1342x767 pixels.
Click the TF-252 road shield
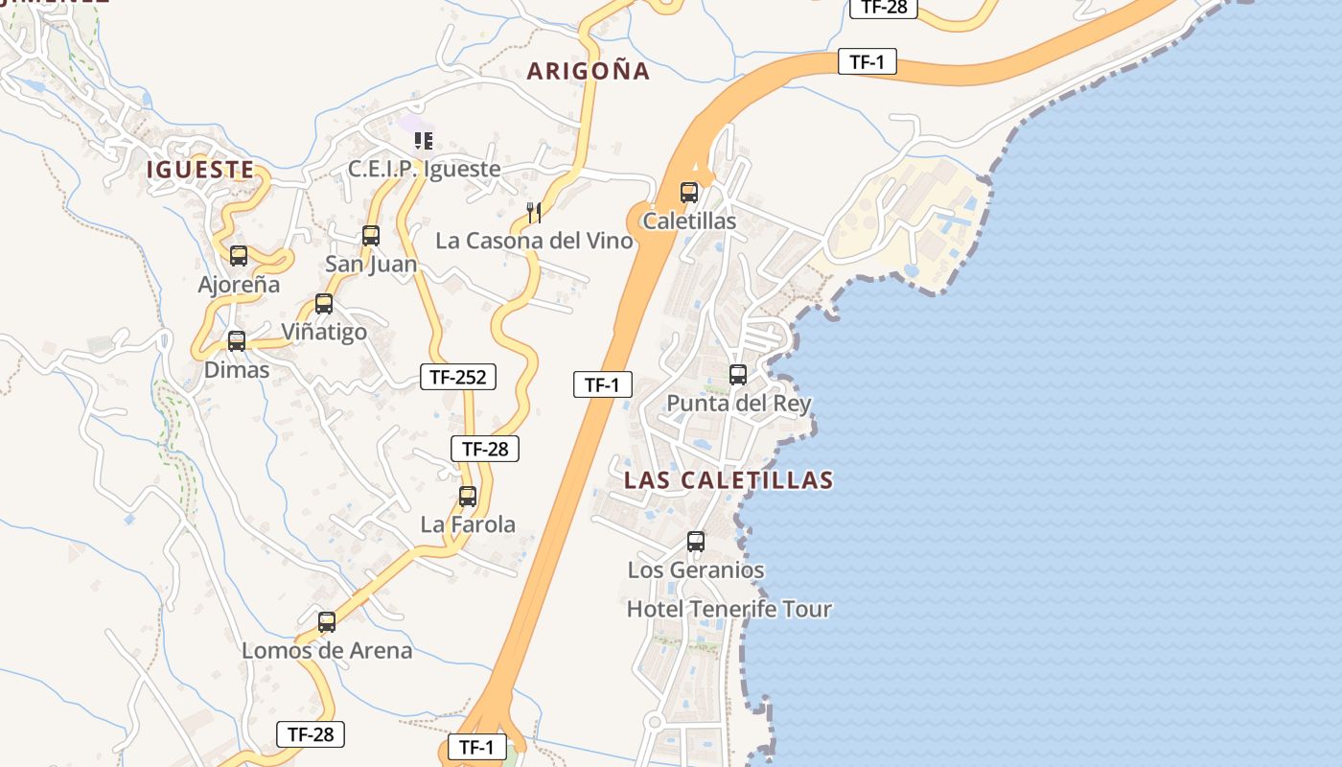(x=458, y=377)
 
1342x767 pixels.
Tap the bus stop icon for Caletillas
(x=689, y=192)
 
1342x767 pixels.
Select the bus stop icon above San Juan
(x=371, y=235)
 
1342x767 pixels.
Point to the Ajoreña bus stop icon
(x=239, y=256)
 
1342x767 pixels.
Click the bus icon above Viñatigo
(x=324, y=304)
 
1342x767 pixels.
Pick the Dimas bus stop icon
(x=237, y=340)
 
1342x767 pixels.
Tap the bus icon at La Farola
(x=468, y=497)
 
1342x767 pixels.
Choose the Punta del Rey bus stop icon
(x=738, y=375)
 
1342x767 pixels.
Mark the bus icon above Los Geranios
(x=696, y=542)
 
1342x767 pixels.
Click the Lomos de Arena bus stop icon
(x=327, y=622)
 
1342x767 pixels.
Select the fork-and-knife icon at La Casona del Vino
(x=535, y=212)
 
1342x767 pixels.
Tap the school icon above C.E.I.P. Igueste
(x=424, y=142)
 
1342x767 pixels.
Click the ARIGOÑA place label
(x=589, y=71)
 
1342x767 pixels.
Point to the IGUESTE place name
(x=200, y=171)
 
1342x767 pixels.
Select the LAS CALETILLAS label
(x=729, y=480)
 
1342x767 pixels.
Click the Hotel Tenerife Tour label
(x=729, y=609)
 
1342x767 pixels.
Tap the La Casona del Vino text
(x=534, y=241)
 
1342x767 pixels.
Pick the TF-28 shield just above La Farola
(x=485, y=448)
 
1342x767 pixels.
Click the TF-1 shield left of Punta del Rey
(x=603, y=384)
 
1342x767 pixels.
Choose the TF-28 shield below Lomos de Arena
(x=310, y=734)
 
